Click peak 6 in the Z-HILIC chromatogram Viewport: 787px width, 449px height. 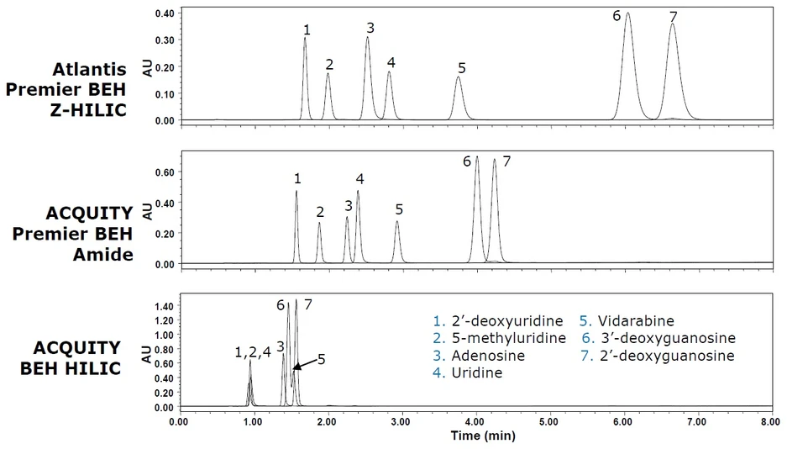click(627, 66)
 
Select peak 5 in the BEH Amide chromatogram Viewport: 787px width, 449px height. click(397, 242)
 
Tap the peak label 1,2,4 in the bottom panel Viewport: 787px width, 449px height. click(253, 352)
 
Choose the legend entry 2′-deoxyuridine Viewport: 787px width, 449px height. click(498, 321)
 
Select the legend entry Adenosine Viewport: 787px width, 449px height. click(479, 356)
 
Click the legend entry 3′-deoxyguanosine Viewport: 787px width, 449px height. click(658, 338)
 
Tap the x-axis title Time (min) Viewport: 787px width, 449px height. click(483, 436)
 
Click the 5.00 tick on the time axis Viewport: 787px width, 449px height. click(549, 422)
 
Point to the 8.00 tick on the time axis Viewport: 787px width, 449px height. click(771, 422)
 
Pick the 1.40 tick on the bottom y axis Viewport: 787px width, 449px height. click(165, 306)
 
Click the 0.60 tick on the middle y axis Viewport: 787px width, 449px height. click(165, 172)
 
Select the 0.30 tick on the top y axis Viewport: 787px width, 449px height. click(165, 40)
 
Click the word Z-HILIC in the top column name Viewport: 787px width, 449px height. click(88, 110)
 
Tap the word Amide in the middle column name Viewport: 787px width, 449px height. click(103, 255)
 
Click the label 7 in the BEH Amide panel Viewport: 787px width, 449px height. click(506, 161)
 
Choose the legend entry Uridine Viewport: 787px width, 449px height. click(467, 372)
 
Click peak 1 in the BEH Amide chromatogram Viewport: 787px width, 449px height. click(296, 227)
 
